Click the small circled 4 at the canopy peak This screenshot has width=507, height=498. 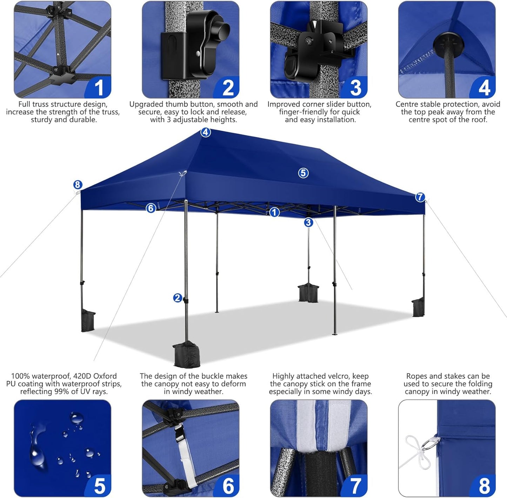pos(205,132)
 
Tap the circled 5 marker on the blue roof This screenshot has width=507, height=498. pos(303,173)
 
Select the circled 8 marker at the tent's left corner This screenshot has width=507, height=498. pos(78,185)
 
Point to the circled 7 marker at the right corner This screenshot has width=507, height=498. pos(420,197)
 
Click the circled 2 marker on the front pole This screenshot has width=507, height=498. pos(178,298)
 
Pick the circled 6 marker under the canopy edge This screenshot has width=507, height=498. pos(151,208)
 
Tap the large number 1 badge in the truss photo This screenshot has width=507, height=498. pos(99,88)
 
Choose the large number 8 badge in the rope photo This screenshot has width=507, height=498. pos(484,486)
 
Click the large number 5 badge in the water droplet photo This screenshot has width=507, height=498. pos(99,486)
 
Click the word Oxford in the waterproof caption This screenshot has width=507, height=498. pos(105,376)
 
